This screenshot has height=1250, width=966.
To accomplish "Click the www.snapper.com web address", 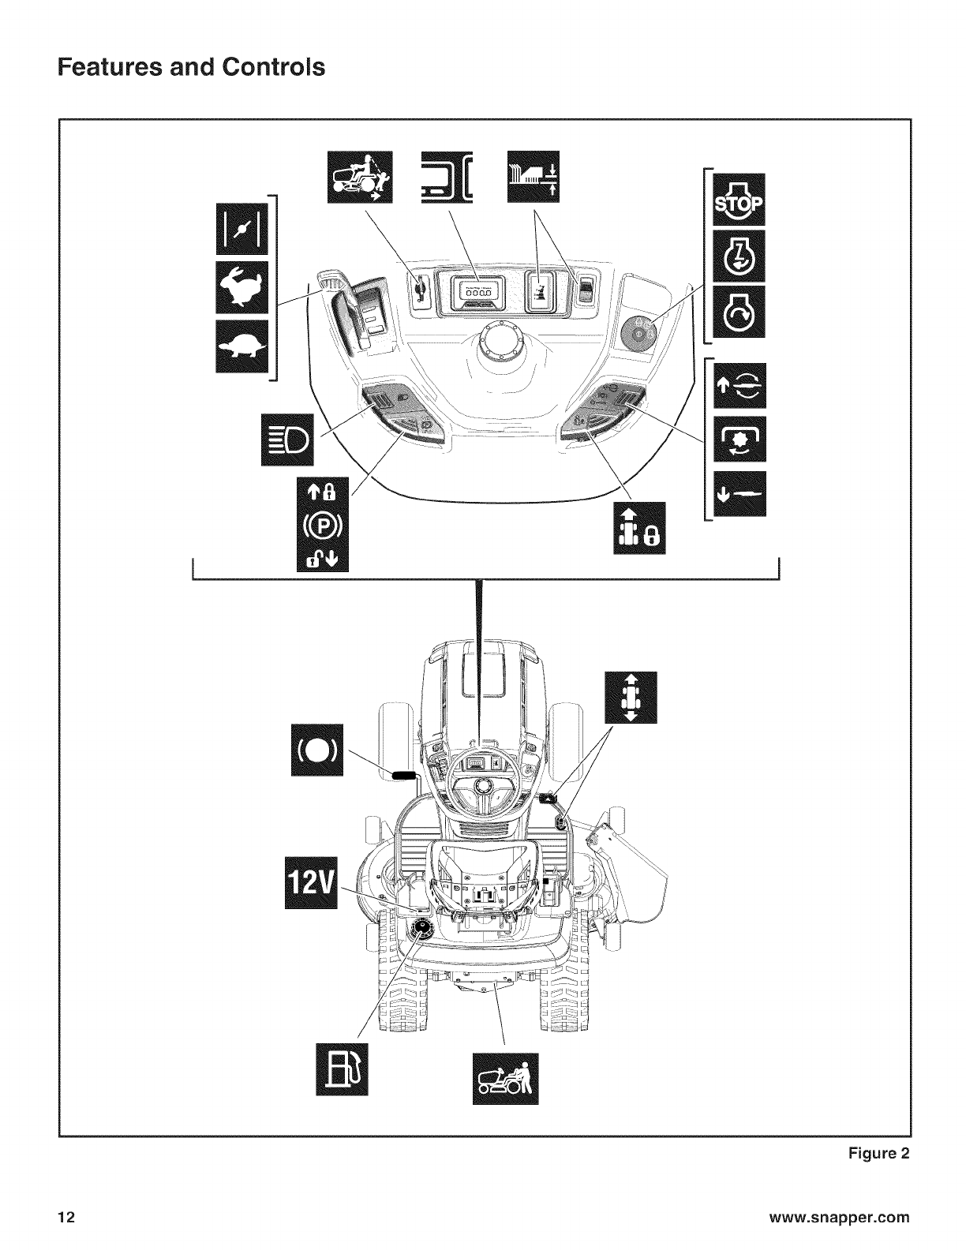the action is (842, 1216).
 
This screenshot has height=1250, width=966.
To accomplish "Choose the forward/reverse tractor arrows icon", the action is (630, 698).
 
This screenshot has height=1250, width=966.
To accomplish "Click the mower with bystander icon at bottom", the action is (505, 1078).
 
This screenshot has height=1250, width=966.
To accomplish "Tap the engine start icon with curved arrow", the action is (738, 312).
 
